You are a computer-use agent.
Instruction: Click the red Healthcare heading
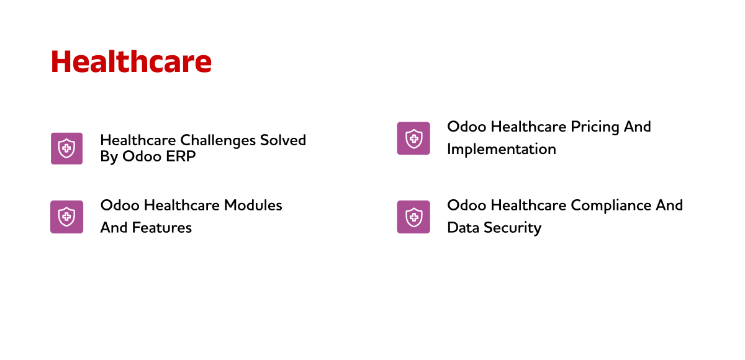(131, 61)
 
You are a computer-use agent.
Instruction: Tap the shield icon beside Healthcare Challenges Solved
(66, 148)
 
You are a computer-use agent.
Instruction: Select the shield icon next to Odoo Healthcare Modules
(66, 217)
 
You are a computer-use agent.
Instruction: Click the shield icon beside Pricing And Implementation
(413, 138)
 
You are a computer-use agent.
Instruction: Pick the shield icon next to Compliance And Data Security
(413, 217)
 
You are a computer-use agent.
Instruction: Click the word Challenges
(218, 141)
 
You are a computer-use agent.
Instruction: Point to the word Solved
(283, 140)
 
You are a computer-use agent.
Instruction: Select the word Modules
(253, 205)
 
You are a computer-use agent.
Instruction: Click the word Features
(161, 228)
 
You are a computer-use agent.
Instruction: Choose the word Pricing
(595, 127)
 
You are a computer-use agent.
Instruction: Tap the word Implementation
(502, 150)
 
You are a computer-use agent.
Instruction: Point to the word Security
(513, 228)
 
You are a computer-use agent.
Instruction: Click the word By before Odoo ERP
(109, 157)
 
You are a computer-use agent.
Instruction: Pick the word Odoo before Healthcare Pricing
(467, 127)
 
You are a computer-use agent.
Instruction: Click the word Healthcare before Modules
(182, 205)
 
